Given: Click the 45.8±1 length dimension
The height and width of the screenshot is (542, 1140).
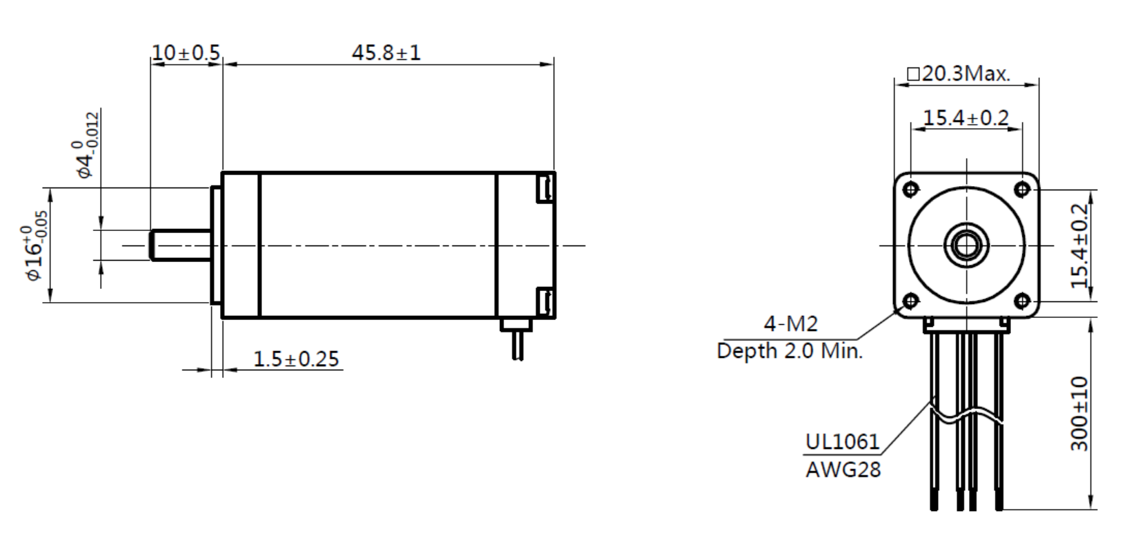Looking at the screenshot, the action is (386, 52).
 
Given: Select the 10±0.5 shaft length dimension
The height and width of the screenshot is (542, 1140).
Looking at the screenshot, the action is (186, 52).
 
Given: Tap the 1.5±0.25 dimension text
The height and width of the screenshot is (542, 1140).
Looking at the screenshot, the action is (296, 359).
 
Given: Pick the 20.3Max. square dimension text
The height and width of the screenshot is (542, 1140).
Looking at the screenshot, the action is (959, 74).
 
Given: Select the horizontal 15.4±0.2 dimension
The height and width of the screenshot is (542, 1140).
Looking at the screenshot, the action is (966, 118).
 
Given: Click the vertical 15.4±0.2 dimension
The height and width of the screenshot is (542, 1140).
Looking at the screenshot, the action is (1079, 245).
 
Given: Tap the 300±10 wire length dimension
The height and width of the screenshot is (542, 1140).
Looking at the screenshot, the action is (1079, 414).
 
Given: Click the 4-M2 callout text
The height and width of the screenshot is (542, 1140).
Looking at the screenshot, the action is (790, 323).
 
